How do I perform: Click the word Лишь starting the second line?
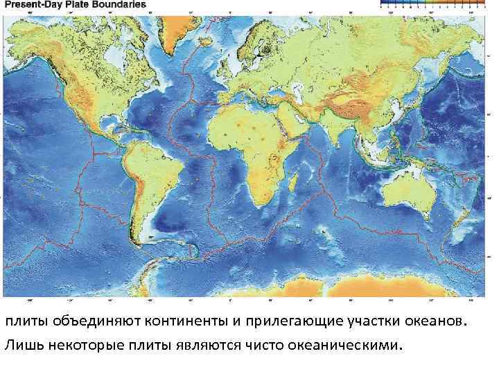(x=21, y=344)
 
